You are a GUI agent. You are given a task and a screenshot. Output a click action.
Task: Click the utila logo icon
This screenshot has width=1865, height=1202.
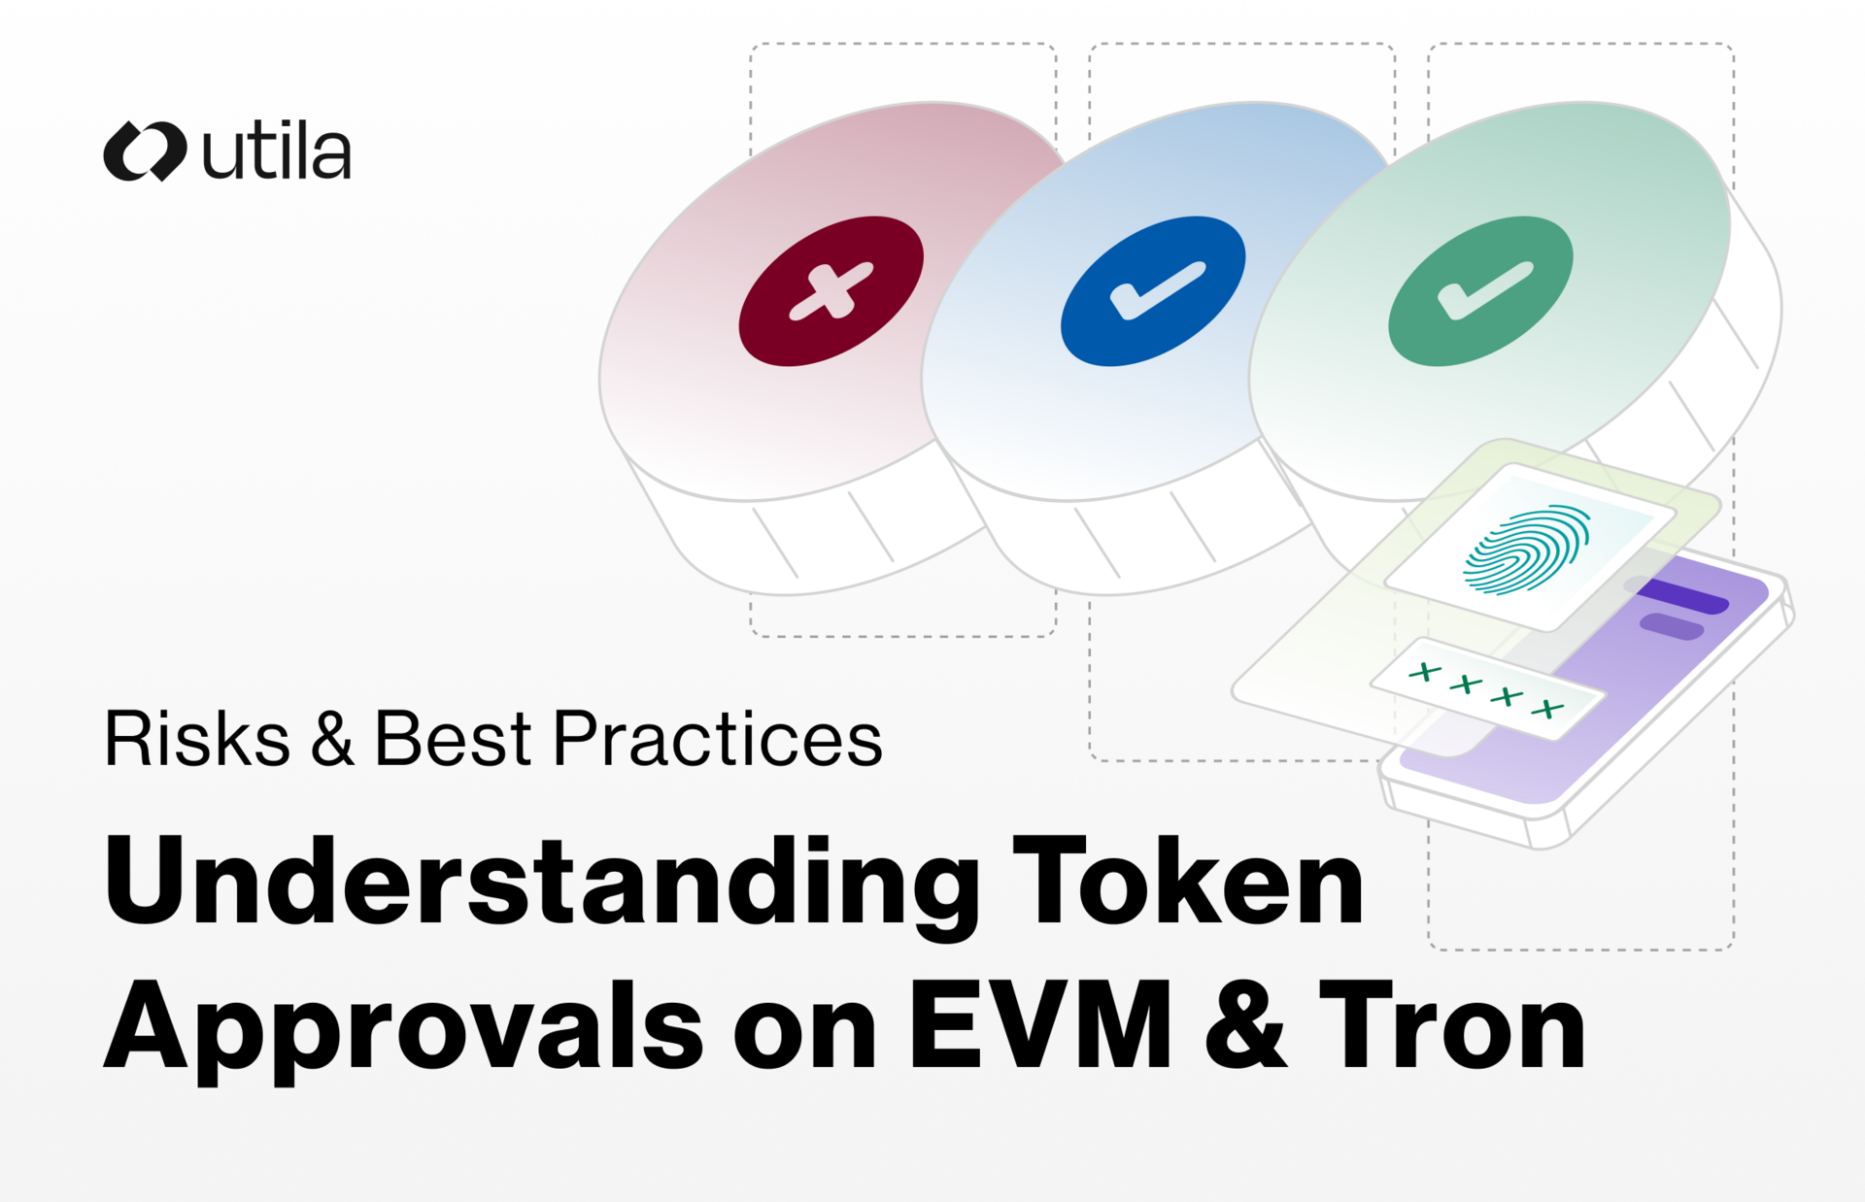(x=145, y=151)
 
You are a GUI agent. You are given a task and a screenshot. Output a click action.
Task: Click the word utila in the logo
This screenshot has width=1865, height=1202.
(x=277, y=152)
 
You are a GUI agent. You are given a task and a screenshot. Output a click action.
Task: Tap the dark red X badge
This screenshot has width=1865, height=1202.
(x=831, y=291)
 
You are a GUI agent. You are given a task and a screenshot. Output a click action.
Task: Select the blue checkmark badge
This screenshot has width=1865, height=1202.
(x=1153, y=291)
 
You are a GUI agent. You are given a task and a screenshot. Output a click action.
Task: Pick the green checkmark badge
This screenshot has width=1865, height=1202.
(x=1480, y=291)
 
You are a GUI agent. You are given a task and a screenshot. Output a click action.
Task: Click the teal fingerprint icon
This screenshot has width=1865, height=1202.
(x=1526, y=549)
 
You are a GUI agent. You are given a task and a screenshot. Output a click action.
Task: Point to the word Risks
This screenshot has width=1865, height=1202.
(x=197, y=739)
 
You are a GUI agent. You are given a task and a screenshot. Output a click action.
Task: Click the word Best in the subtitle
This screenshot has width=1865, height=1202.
(x=453, y=739)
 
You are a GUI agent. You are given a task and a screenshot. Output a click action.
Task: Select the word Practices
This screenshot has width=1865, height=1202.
(x=718, y=739)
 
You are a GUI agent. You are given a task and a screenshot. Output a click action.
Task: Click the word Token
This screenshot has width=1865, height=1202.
(x=1188, y=881)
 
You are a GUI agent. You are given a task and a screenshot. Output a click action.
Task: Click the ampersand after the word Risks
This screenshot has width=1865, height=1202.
(x=332, y=739)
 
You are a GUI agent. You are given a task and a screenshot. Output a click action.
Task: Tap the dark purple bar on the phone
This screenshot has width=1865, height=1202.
(x=1682, y=595)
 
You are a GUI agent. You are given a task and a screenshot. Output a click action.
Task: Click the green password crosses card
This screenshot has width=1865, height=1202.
(x=1487, y=689)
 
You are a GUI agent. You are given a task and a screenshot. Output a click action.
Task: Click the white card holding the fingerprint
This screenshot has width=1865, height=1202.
(x=1529, y=547)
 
